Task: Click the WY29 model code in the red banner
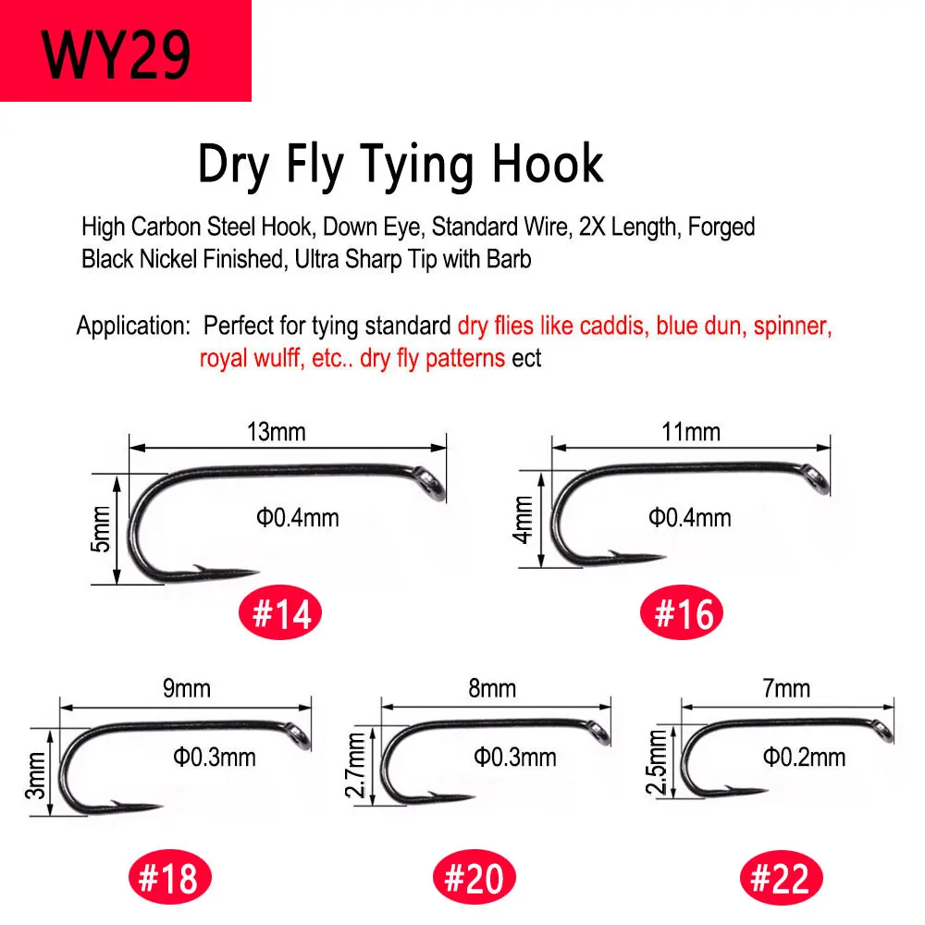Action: click(116, 55)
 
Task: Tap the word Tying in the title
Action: click(416, 166)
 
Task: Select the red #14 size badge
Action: click(280, 614)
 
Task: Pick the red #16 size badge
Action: click(682, 613)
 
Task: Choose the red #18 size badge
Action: click(170, 878)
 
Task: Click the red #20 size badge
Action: click(475, 878)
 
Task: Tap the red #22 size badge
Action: click(781, 878)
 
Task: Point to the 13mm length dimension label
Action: click(276, 432)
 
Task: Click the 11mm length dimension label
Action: click(691, 432)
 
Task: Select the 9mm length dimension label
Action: click(187, 688)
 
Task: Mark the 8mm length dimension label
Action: click(492, 688)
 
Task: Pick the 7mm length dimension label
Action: click(785, 688)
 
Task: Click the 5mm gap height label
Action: click(100, 529)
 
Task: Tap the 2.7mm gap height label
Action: click(356, 765)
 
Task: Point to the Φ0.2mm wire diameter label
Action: click(804, 757)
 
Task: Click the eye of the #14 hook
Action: click(431, 483)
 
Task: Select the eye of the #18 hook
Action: click(300, 735)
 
